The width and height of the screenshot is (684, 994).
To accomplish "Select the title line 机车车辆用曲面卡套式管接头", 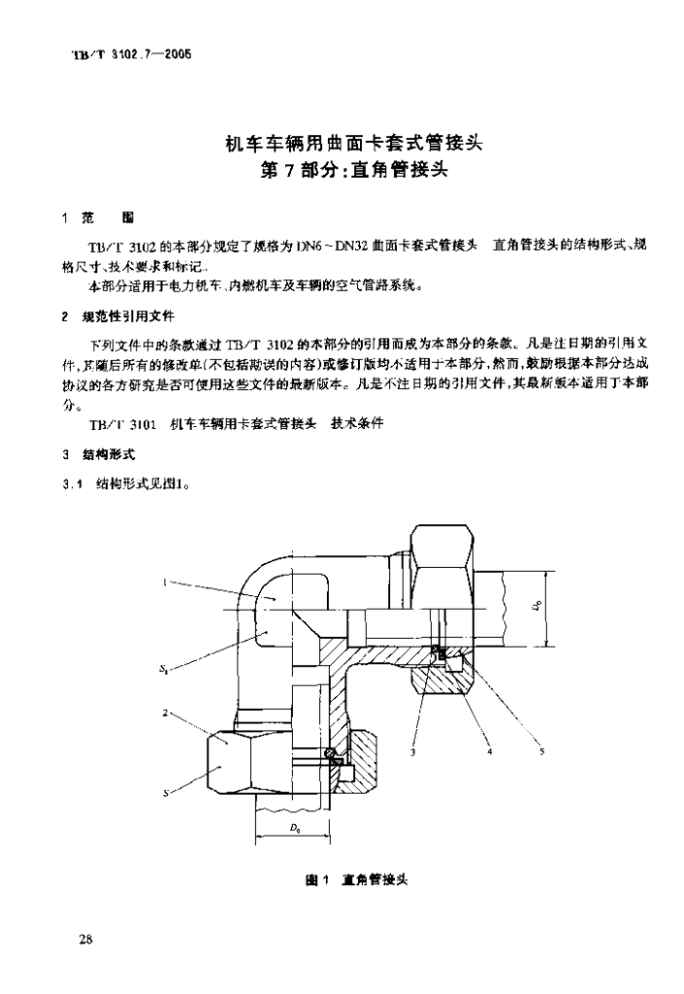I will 353,145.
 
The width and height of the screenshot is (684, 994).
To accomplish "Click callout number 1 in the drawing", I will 164,582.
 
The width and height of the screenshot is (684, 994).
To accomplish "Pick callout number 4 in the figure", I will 488,750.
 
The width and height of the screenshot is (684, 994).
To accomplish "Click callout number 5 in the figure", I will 540,750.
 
